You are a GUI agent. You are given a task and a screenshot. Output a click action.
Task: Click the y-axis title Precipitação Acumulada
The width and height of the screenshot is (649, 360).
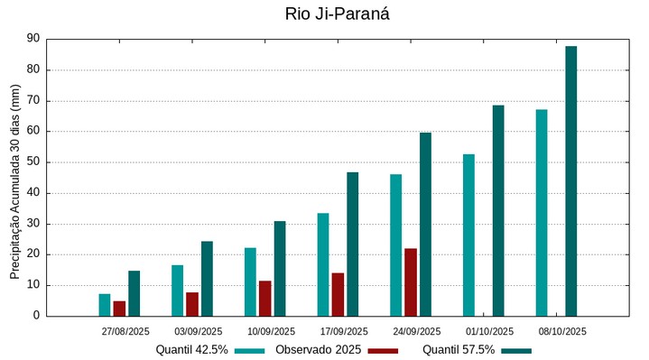(14, 187)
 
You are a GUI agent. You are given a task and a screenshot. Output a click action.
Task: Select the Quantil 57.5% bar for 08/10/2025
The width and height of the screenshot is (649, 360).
(570, 180)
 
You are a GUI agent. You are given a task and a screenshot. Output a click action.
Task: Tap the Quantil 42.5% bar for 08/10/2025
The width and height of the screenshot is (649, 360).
(542, 212)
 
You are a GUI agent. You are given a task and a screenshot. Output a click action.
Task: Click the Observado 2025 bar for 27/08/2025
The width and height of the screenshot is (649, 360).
(119, 308)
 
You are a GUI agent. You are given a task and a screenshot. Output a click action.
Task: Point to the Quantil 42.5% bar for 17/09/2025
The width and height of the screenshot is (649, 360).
(323, 264)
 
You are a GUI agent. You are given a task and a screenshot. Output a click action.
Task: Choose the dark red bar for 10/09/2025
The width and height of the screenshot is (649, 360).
(264, 298)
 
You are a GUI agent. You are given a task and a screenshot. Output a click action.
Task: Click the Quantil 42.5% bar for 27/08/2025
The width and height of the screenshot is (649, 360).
(105, 304)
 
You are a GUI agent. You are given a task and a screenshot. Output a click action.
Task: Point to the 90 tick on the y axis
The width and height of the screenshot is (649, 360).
(33, 39)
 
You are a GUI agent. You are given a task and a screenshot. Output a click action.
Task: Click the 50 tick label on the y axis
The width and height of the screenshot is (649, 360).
(33, 162)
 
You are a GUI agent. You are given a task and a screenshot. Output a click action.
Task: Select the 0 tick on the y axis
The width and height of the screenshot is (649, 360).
(37, 316)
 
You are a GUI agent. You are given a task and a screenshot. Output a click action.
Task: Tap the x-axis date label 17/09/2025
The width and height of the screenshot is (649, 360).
(344, 331)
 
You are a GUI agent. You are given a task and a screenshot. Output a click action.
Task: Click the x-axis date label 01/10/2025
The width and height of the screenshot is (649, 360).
(489, 331)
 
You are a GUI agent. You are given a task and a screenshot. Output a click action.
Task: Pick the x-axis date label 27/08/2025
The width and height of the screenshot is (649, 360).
(125, 331)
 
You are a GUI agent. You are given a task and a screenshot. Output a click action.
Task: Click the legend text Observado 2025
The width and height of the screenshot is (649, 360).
(319, 349)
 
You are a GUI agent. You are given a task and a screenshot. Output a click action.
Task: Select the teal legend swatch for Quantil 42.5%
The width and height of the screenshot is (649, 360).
(250, 350)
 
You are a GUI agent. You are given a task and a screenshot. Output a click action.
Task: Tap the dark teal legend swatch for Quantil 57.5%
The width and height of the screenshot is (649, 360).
(516, 350)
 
